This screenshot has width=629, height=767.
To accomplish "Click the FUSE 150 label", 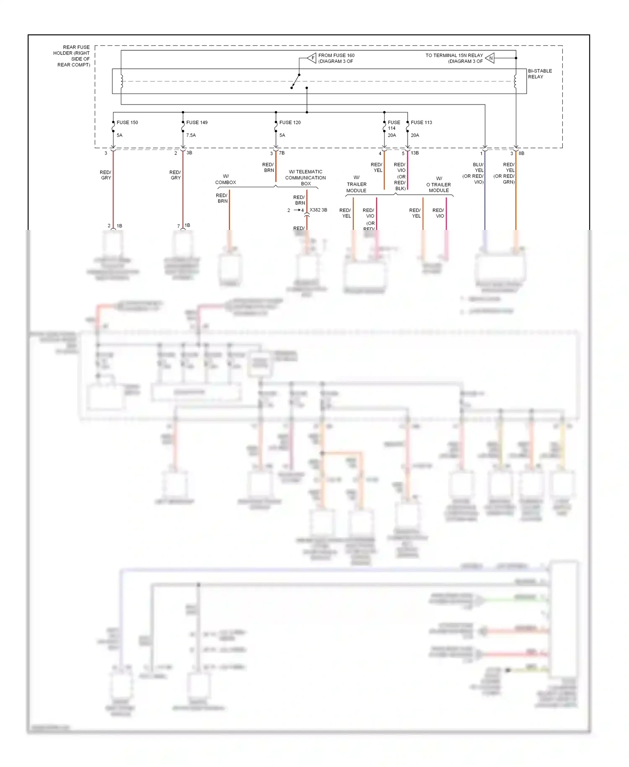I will coord(127,123).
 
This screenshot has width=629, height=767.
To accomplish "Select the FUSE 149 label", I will coord(197,123).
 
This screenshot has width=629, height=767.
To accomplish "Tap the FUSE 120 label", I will coord(290,123).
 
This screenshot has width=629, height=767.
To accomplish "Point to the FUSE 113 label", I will coord(421,123).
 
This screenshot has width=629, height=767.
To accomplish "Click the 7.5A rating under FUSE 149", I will coord(191,135).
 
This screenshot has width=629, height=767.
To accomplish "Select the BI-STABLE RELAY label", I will coord(539,74).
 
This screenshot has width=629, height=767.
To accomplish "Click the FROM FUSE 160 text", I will coord(336,55).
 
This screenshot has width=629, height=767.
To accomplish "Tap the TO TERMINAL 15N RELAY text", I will coord(454,55).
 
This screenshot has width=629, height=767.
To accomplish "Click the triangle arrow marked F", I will coord(312,58).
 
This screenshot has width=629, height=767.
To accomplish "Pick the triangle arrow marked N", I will coord(490,58).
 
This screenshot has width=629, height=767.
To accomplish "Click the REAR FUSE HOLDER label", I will coord(72,56).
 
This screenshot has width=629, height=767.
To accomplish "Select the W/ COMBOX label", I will coord(226,179).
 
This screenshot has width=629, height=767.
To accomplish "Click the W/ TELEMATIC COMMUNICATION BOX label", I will coord(305,177).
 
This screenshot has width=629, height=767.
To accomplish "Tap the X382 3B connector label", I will coord(318,210).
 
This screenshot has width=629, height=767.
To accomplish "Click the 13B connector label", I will coord(414,153).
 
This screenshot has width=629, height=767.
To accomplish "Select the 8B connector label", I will coord(521,153).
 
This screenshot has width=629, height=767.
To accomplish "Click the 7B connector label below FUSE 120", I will coord(282,153).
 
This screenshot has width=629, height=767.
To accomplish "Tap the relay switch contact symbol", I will coord(295,81).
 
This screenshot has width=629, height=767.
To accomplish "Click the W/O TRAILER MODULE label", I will coord(439,184).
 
